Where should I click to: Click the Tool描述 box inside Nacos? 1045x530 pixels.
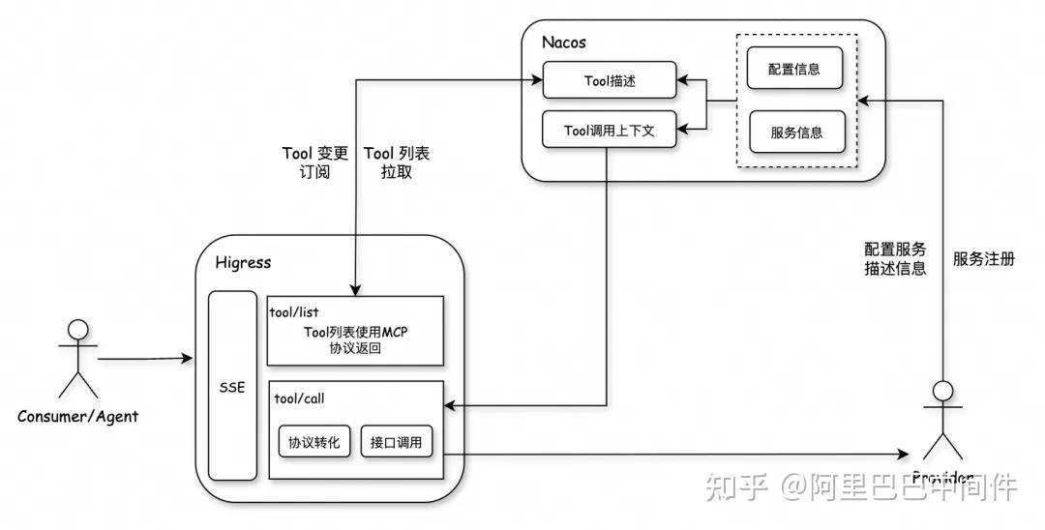click(x=609, y=81)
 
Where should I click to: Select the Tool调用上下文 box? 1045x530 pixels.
click(x=609, y=131)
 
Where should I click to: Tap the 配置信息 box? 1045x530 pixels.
click(x=796, y=70)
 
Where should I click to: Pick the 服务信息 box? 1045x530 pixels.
click(x=796, y=132)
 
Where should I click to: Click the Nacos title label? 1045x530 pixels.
click(x=564, y=43)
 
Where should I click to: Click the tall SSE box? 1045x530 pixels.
click(x=232, y=387)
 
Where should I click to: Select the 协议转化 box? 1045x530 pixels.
click(x=313, y=443)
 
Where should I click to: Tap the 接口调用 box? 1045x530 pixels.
click(x=396, y=443)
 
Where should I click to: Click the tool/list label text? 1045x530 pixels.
click(x=294, y=311)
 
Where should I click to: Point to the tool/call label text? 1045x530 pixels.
click(x=296, y=397)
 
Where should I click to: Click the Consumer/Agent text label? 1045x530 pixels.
click(x=77, y=417)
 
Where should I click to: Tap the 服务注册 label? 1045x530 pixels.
click(x=983, y=259)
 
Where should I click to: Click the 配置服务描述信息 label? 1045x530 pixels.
click(x=895, y=259)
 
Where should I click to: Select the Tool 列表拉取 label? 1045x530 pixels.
click(x=396, y=163)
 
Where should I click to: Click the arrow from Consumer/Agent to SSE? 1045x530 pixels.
click(x=145, y=360)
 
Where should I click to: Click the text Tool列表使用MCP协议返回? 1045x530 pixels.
click(x=355, y=339)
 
